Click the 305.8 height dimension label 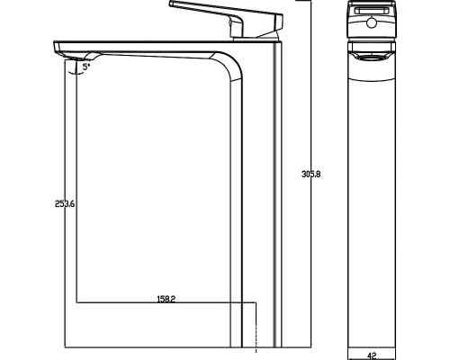(310, 174)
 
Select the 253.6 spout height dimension (65, 204)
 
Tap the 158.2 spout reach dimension (166, 299)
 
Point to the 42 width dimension (372, 355)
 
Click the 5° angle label (86, 67)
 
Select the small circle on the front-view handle (372, 22)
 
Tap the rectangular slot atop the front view (372, 11)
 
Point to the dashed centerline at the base (256, 328)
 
